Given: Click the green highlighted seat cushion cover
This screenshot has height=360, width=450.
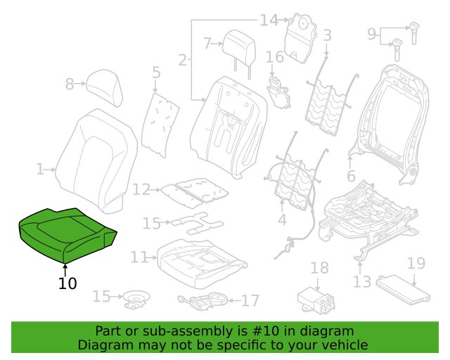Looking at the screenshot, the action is coord(66,235).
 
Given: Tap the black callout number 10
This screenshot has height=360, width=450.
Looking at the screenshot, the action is coord(67,283).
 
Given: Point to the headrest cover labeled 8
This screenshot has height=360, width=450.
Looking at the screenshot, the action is coord(105,87).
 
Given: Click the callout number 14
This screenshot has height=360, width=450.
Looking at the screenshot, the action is coord(269,20).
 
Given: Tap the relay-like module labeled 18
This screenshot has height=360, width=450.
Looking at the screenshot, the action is coord(316,300).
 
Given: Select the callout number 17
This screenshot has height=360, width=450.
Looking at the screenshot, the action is coord(250,300).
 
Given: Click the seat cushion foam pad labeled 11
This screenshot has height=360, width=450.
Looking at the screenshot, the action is coord(202,263).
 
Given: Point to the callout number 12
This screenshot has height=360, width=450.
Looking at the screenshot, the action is coord(141,189).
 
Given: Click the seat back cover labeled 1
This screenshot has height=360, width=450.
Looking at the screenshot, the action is coord(96,161).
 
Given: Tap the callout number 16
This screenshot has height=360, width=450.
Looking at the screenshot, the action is coord(275,57).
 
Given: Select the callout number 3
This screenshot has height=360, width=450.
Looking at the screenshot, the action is coord(327,35).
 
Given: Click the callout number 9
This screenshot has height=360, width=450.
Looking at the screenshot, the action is coord(372,34).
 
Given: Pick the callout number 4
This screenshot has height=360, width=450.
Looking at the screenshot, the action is coord(283,220).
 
